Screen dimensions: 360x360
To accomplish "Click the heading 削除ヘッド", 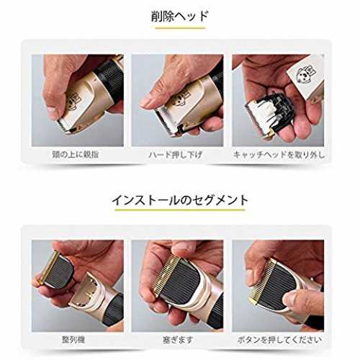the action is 179,17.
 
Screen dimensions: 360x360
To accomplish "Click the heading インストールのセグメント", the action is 180,200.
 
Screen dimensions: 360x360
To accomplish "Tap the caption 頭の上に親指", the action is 76,154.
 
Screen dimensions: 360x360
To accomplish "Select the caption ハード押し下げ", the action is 176,155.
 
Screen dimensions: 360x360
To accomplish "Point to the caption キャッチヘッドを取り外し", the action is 279,155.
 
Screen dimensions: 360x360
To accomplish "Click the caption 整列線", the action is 73,340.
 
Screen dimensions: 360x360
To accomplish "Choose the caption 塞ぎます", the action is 178,340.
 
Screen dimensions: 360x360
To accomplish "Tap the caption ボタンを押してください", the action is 279,340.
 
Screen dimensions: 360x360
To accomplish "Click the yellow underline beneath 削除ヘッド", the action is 180,28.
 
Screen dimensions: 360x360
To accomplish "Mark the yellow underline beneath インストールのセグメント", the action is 180,210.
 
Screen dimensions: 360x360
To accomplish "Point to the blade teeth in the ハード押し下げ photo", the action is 165,123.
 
